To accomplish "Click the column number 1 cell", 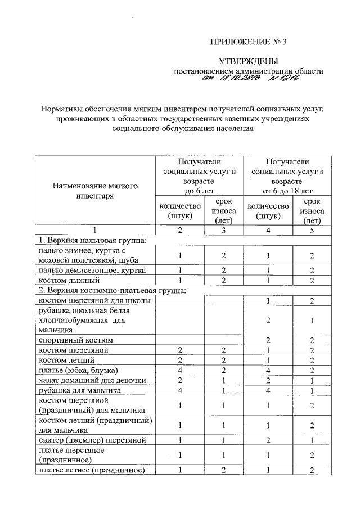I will click(94, 229).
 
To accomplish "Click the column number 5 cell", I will click(311, 229).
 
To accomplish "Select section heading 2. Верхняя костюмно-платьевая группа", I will click(111, 290).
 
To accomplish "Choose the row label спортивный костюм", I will click(75, 340).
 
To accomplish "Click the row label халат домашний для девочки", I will click(92, 380).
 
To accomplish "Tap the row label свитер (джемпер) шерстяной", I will click(92, 440).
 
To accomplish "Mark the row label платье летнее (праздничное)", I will click(92, 470).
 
